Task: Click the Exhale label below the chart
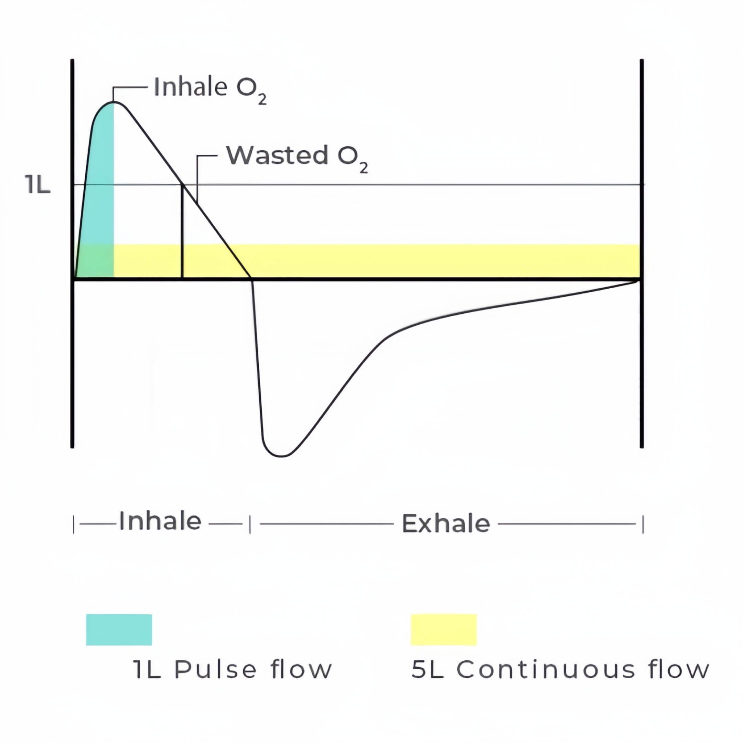[446, 524]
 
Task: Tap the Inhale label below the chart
[160, 521]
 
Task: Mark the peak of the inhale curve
[114, 102]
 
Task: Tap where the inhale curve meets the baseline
[251, 278]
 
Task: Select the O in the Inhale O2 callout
[245, 88]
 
